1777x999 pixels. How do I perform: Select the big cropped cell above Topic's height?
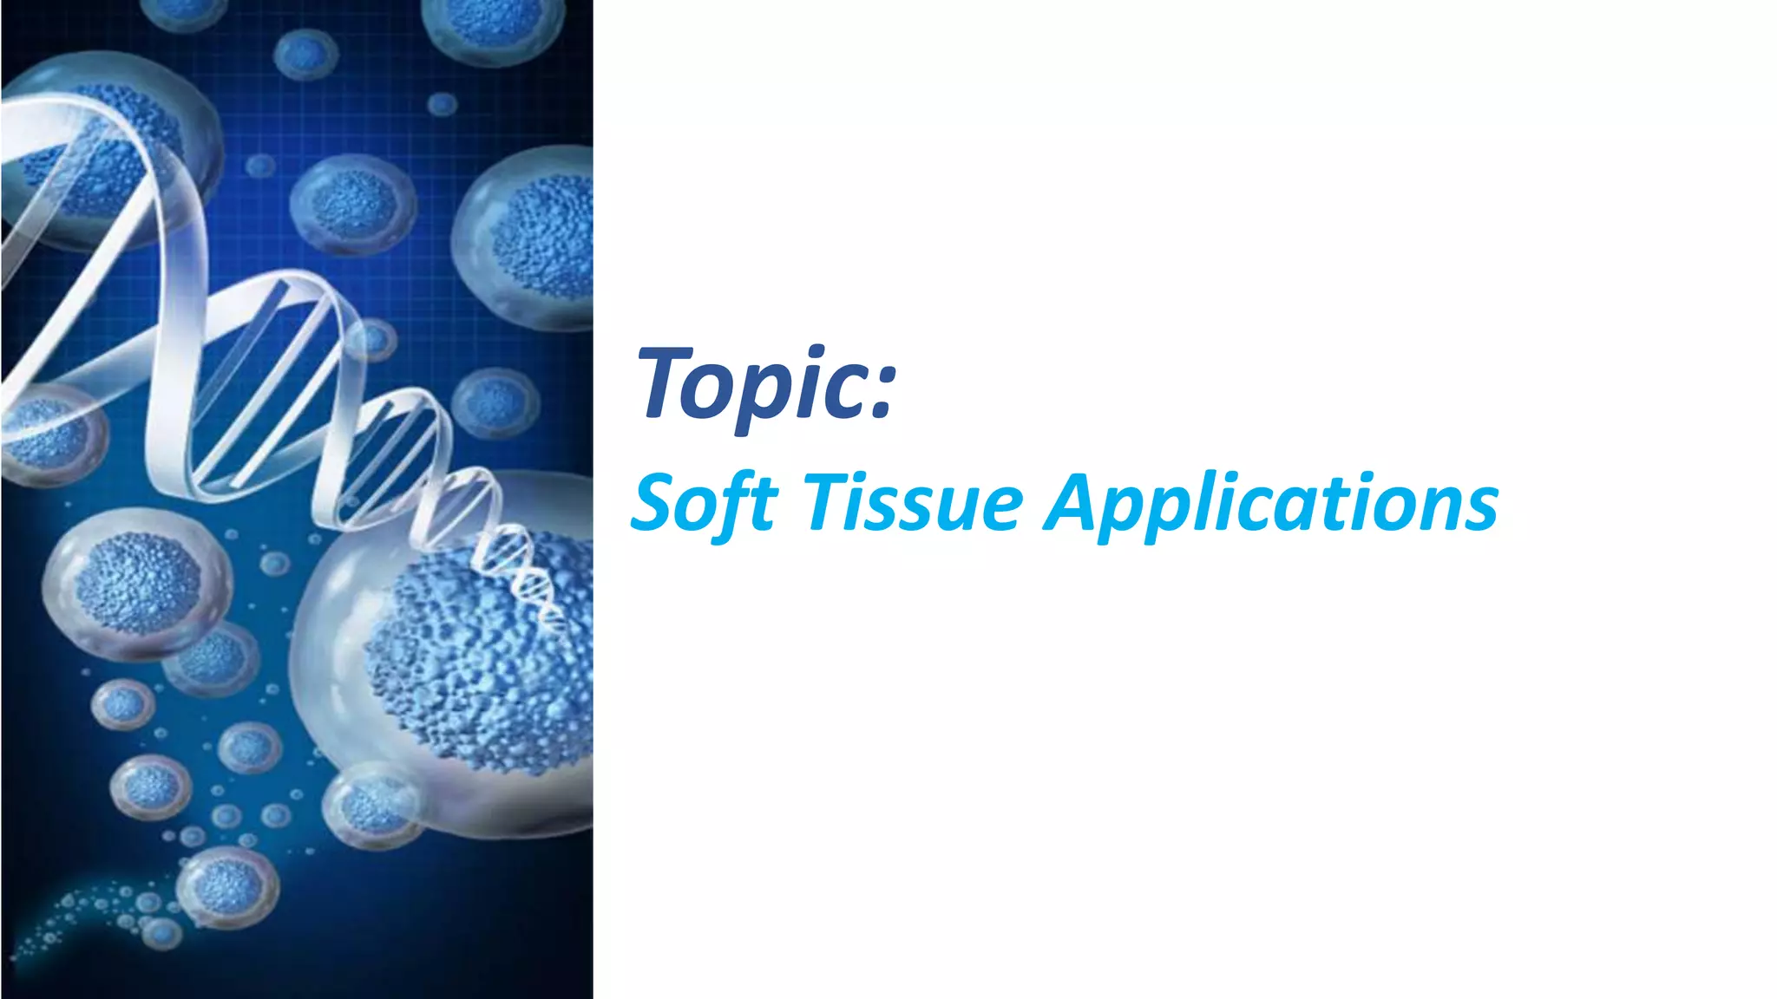tap(525, 234)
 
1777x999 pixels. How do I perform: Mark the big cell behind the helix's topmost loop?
tap(104, 156)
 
